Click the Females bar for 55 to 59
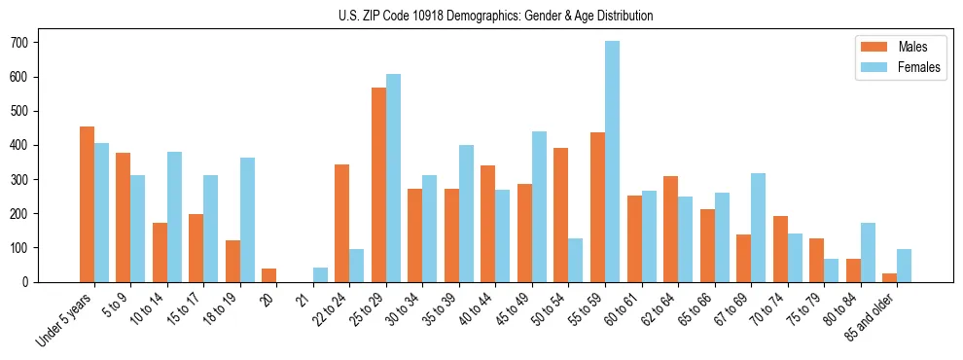[612, 162]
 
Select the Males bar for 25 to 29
[378, 185]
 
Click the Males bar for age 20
[268, 275]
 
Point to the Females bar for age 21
[320, 274]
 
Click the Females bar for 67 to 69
[758, 228]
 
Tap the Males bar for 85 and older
[889, 277]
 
